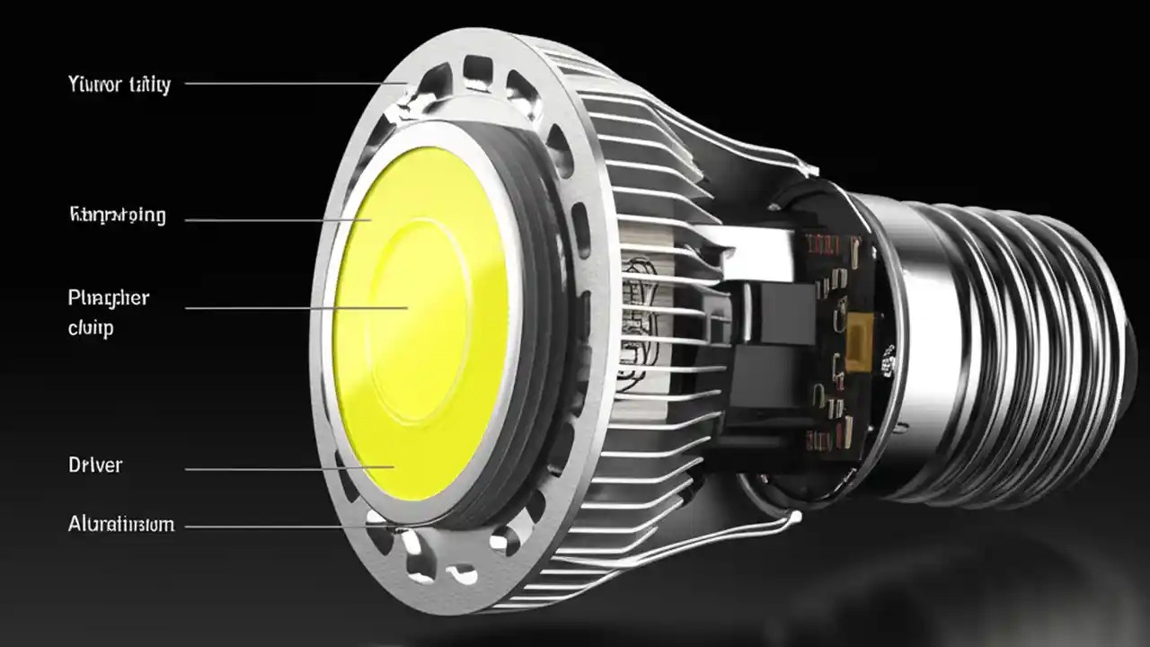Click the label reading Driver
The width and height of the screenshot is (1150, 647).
coord(95,465)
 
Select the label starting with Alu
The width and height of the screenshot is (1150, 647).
coord(121,525)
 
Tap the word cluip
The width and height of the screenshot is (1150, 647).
coord(91,328)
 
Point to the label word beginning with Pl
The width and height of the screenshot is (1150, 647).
coord(109,298)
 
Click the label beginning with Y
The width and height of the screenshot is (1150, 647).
coord(119,85)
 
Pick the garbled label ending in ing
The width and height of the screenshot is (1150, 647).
coord(118,216)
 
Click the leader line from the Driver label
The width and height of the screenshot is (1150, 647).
coord(287,468)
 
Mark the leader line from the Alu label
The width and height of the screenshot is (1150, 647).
coord(287,527)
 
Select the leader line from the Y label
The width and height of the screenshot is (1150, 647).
coord(287,84)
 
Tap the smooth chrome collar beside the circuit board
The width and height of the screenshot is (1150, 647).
coord(907,350)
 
